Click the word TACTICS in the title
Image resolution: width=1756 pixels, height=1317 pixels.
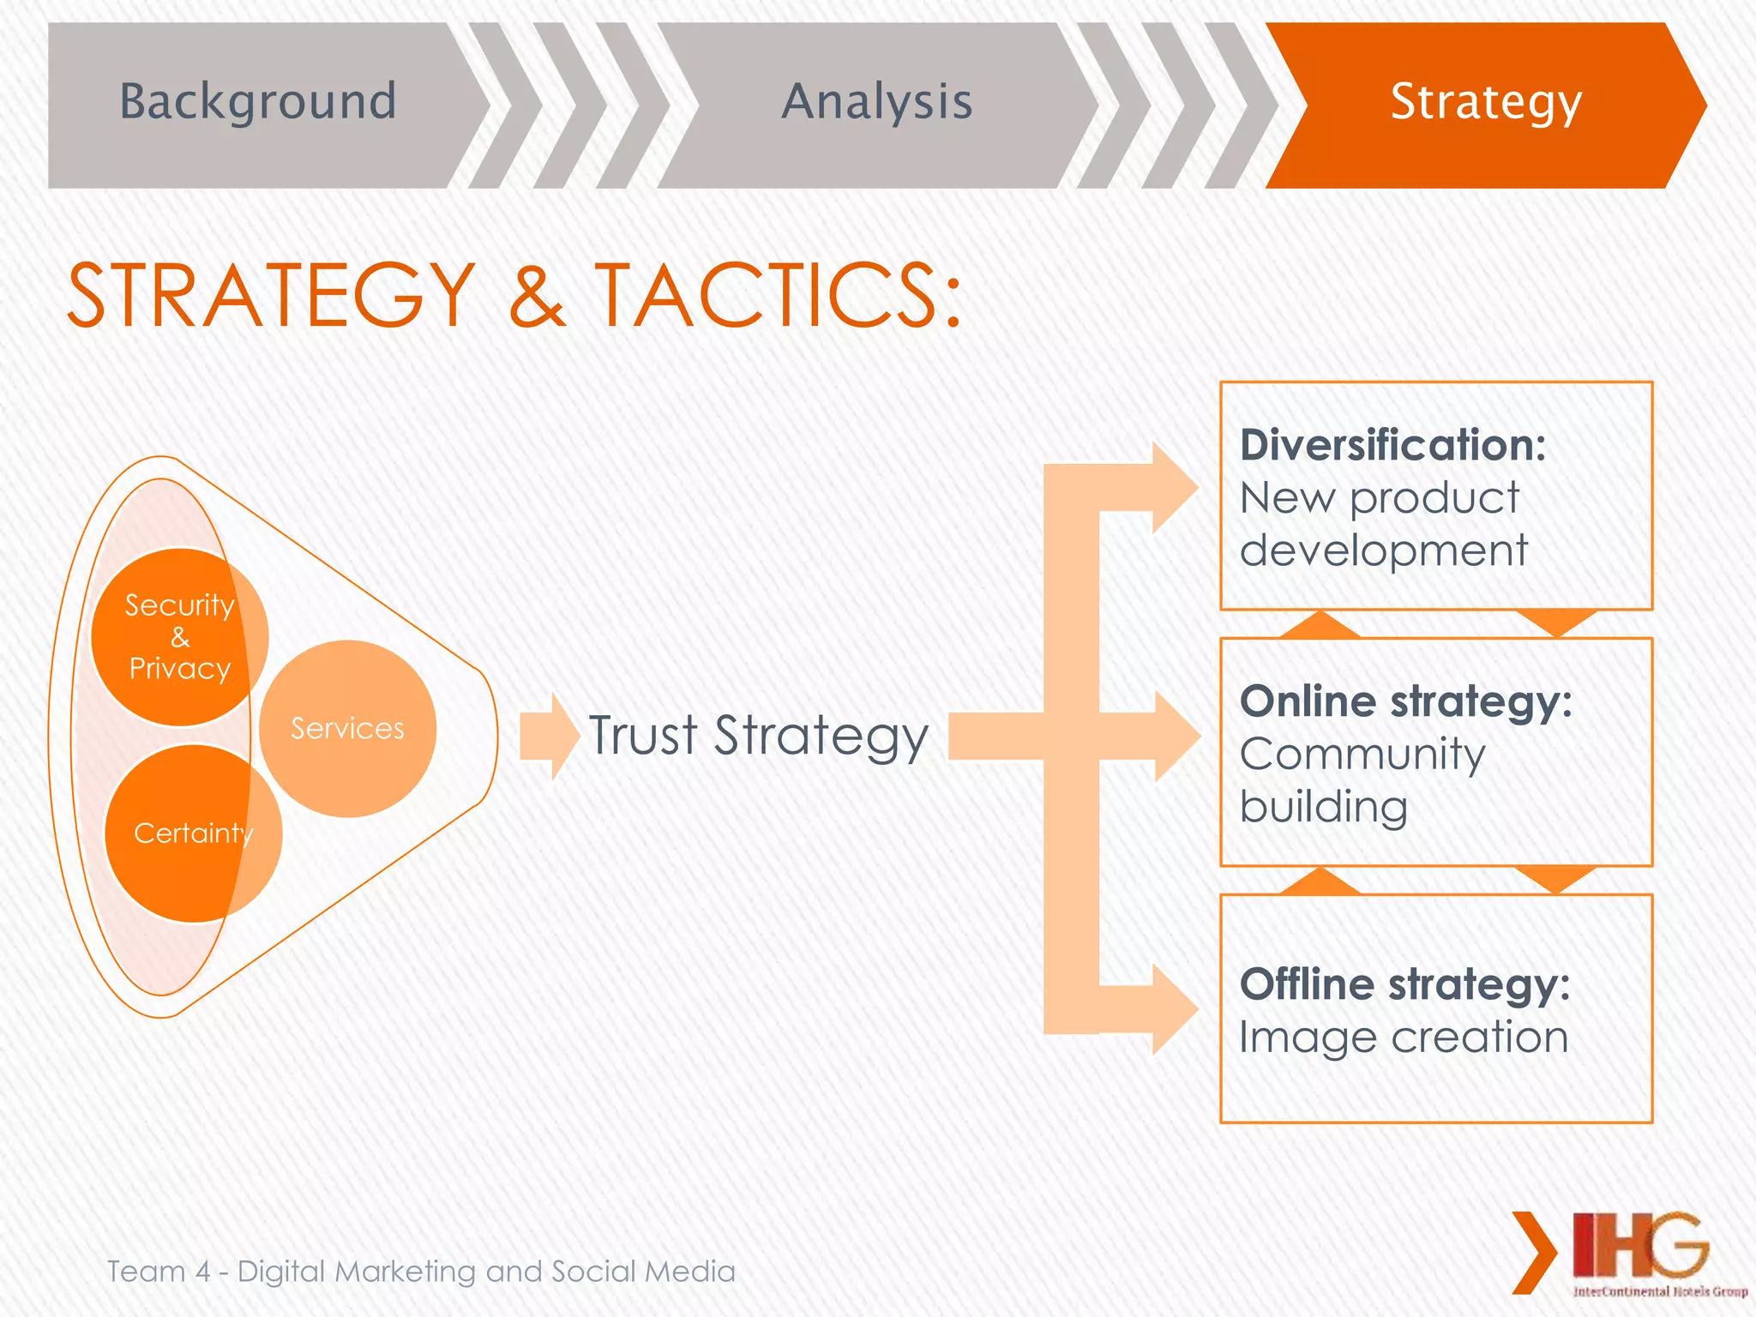coord(776,296)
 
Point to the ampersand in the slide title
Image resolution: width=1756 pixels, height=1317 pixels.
coord(537,296)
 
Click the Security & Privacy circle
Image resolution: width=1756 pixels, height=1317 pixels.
coord(179,637)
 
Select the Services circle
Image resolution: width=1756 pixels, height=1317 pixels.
coord(347,729)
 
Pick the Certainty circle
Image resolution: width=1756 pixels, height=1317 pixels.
coord(193,833)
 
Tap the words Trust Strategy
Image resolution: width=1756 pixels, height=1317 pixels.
coord(758,737)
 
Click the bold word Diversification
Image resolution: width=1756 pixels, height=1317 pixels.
coord(1392,445)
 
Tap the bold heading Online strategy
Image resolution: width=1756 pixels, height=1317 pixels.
coord(1405,701)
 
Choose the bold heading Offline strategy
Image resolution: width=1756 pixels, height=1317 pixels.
coord(1404,983)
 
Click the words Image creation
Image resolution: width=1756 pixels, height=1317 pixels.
coord(1403,1037)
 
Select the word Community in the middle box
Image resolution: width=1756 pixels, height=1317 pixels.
coord(1362,755)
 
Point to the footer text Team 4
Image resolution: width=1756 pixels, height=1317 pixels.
coord(159,1271)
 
